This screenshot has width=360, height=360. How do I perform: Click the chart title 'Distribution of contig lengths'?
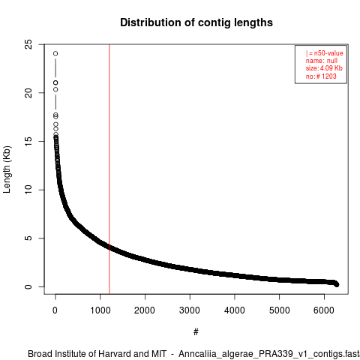pyautogui.click(x=196, y=22)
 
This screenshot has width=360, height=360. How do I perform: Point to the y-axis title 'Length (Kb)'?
pyautogui.click(x=7, y=169)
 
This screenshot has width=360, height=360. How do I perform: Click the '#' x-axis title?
pyautogui.click(x=196, y=332)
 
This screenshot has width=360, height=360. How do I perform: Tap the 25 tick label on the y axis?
pyautogui.click(x=28, y=44)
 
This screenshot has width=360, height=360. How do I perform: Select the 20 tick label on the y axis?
pyautogui.click(x=28, y=93)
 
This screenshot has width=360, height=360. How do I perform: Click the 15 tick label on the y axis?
pyautogui.click(x=28, y=141)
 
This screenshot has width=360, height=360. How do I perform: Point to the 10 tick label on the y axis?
pyautogui.click(x=28, y=190)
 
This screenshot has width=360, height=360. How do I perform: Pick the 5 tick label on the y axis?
pyautogui.click(x=28, y=238)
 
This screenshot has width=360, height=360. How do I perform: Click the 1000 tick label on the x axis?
pyautogui.click(x=100, y=310)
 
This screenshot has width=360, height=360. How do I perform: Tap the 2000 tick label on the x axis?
pyautogui.click(x=145, y=310)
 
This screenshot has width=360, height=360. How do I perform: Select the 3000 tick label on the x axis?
pyautogui.click(x=190, y=310)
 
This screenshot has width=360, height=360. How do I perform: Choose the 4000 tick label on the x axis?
pyautogui.click(x=235, y=310)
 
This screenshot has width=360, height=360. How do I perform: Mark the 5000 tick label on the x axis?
pyautogui.click(x=279, y=310)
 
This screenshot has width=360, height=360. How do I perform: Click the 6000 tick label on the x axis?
pyautogui.click(x=324, y=310)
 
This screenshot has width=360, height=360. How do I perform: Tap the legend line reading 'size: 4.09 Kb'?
pyautogui.click(x=324, y=68)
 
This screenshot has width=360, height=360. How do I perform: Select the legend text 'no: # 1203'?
pyautogui.click(x=321, y=76)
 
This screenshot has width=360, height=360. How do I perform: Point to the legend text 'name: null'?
pyautogui.click(x=322, y=61)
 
